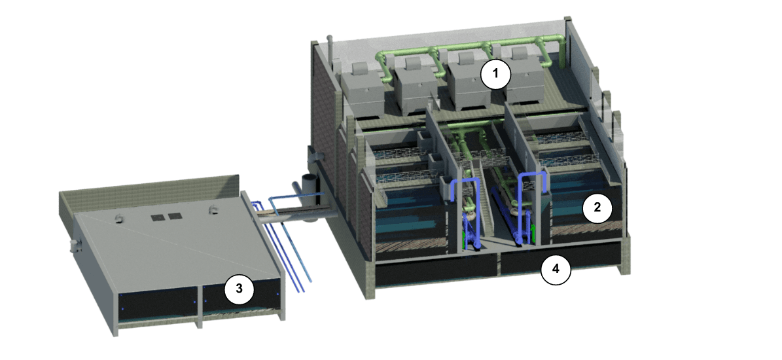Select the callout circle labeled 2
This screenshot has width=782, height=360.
(x=597, y=208)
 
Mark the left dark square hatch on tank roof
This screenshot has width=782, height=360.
(x=158, y=217)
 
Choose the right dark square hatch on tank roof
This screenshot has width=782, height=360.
(x=173, y=216)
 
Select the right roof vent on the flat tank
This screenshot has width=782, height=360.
(x=213, y=210)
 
